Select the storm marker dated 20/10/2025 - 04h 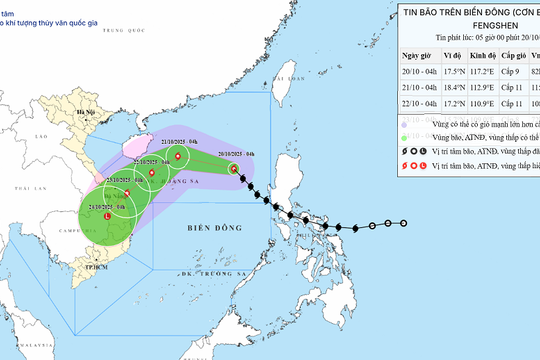[x=234, y=169]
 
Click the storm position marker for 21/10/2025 [x=178, y=157]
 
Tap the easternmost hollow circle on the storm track [x=404, y=223]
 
